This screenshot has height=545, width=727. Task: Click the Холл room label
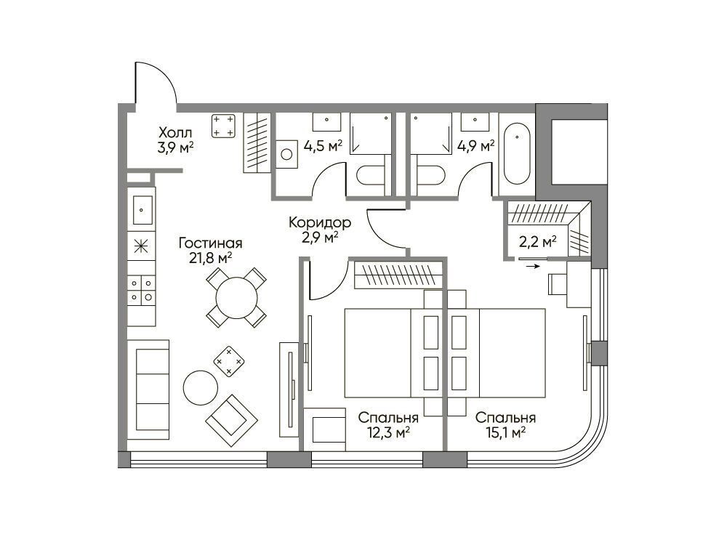174,133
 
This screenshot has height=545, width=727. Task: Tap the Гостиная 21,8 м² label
211,250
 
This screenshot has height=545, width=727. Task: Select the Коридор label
320,223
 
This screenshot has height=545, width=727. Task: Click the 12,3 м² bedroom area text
388,433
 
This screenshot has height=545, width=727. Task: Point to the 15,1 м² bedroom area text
505,433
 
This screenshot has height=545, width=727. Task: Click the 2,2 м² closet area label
537,241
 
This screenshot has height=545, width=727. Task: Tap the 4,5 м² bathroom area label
324,147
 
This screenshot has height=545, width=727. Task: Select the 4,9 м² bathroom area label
475,147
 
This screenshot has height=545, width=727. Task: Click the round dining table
236,297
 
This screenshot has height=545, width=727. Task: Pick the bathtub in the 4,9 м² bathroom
516,153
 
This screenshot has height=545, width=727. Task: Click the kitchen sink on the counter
142,209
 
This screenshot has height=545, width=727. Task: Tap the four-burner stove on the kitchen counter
142,290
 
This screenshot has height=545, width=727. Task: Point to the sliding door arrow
533,267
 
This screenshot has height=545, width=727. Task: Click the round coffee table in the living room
201,388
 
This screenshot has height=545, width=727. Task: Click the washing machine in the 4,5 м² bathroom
286,154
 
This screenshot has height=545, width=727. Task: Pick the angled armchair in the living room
231,420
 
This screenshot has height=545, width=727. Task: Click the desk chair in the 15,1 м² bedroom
557,283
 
